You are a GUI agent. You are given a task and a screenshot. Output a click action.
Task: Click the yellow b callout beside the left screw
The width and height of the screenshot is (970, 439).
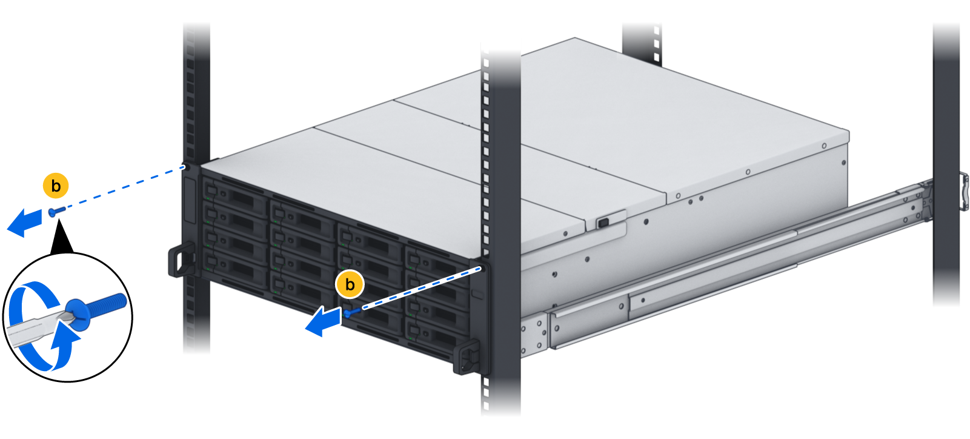[56, 186]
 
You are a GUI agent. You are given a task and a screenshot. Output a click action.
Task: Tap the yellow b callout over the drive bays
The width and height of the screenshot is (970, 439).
[350, 285]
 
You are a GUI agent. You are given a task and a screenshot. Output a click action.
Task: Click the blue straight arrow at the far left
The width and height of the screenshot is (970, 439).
[25, 223]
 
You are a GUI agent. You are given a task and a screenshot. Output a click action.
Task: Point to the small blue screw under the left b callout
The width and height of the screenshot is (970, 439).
[57, 211]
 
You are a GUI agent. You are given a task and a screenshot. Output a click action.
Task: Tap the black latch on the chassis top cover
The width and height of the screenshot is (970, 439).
[603, 223]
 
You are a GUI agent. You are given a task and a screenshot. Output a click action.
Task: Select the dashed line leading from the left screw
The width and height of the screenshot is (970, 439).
[125, 189]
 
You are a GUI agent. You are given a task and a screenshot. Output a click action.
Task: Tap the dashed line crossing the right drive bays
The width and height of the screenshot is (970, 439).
[421, 288]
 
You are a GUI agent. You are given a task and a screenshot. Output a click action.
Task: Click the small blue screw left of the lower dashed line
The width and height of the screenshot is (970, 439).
[352, 312]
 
